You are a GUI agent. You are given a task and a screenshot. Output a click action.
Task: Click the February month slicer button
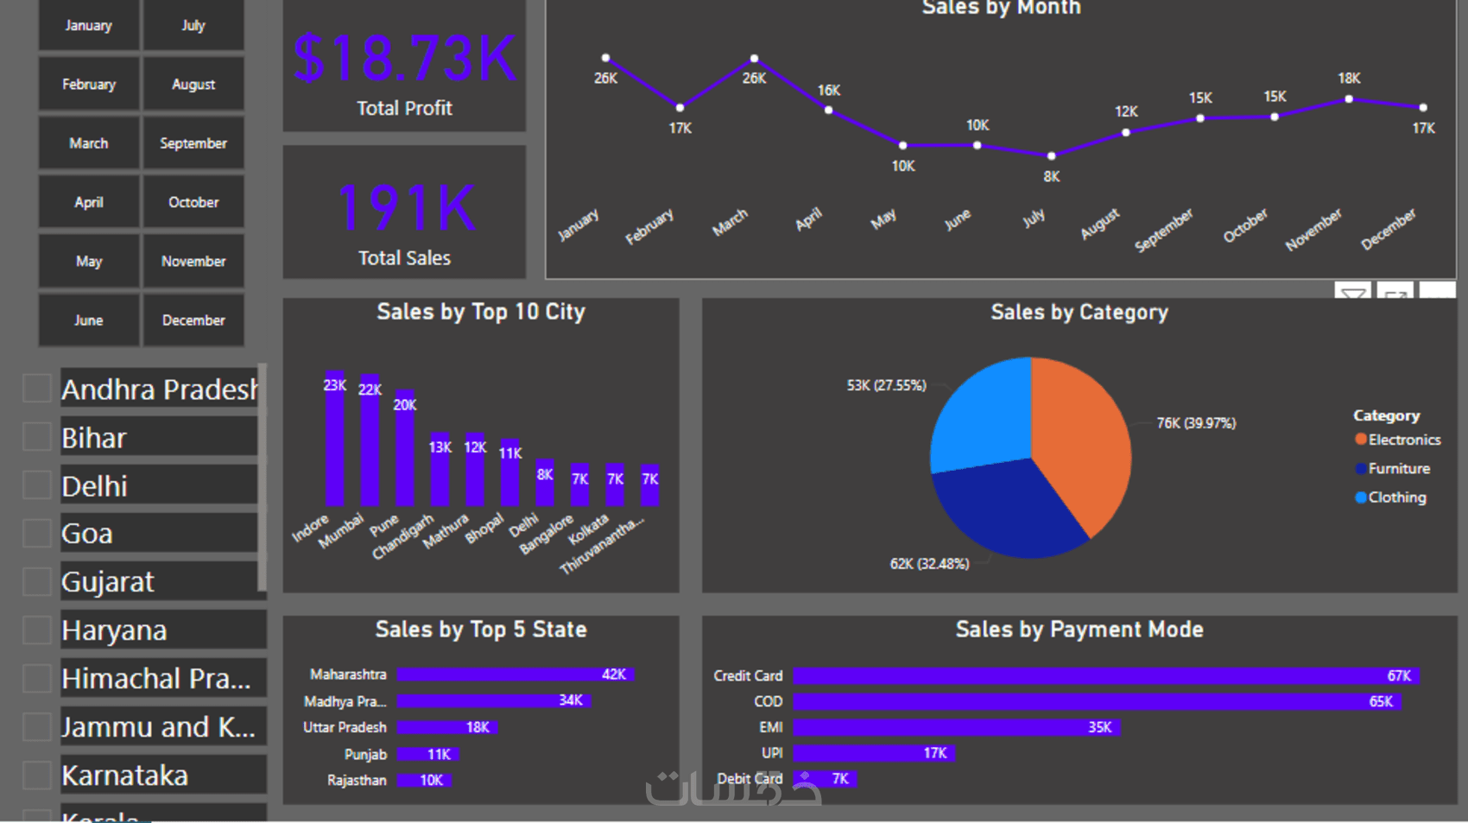(89, 85)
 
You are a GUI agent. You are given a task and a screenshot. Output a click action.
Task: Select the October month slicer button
(193, 202)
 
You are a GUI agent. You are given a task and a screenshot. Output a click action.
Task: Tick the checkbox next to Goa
(37, 533)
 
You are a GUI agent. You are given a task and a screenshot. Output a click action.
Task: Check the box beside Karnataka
(37, 775)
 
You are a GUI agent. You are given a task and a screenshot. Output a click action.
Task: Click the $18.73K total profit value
(404, 59)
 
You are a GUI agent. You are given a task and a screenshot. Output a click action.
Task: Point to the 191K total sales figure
(404, 208)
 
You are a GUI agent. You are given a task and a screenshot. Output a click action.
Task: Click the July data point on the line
(1051, 156)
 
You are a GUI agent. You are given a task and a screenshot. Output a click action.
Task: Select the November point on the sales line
(1349, 99)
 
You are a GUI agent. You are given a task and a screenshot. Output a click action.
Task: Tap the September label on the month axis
(1164, 230)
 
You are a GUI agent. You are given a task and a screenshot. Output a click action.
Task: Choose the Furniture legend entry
(1398, 469)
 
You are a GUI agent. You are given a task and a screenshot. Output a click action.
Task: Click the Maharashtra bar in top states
(515, 674)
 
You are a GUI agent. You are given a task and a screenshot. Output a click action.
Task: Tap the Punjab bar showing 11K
(427, 754)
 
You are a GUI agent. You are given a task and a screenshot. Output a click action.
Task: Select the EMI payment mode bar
(956, 727)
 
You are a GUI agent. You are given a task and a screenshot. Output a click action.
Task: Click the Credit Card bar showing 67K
(1105, 675)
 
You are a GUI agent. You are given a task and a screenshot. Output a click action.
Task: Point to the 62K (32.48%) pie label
(929, 564)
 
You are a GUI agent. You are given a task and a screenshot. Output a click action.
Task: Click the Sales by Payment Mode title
(1079, 630)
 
